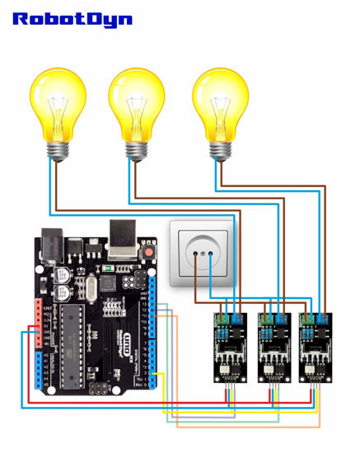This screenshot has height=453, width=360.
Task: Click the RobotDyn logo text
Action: click(x=72, y=18)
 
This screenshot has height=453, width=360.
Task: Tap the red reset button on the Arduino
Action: click(x=149, y=250)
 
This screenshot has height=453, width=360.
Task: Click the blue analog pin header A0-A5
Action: click(x=38, y=371)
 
